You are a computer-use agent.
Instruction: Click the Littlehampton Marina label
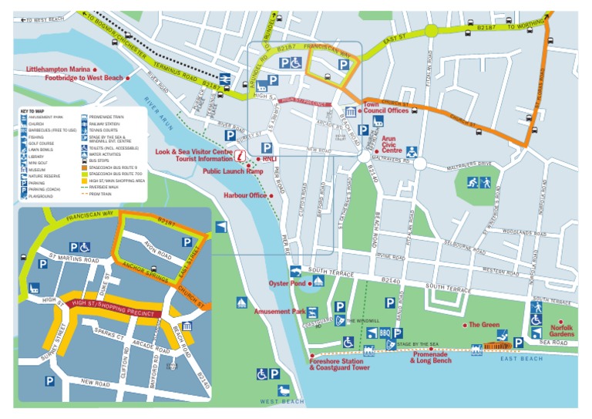pos(58,69)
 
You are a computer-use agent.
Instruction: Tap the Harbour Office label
pos(244,195)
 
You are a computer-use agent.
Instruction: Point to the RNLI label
pos(269,160)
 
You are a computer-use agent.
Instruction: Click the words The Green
pos(485,325)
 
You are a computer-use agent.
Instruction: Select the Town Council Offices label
pos(385,107)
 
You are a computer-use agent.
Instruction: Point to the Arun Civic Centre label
pos(393,144)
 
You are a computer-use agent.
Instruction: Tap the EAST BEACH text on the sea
pos(521,360)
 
